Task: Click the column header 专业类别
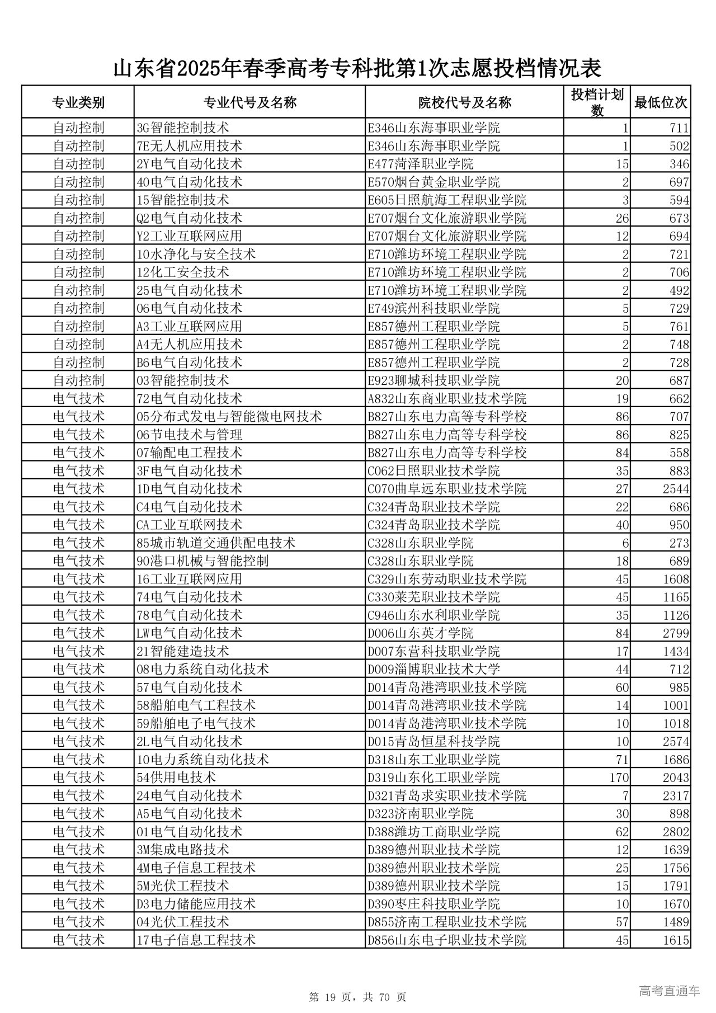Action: pyautogui.click(x=78, y=102)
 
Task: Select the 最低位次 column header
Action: pyautogui.click(x=661, y=102)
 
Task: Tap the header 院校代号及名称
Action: pyautogui.click(x=464, y=102)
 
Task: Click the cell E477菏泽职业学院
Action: pyautogui.click(x=420, y=164)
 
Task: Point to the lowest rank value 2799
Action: pyautogui.click(x=676, y=633)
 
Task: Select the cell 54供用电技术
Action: pyautogui.click(x=176, y=778)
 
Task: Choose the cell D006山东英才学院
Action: pyautogui.click(x=420, y=633)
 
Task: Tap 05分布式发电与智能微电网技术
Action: pyautogui.click(x=229, y=417)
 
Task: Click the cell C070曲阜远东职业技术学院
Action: pyautogui.click(x=447, y=489)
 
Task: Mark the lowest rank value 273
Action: pyautogui.click(x=679, y=543)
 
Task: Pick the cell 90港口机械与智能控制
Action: pyautogui.click(x=202, y=561)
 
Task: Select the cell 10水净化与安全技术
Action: pyautogui.click(x=196, y=254)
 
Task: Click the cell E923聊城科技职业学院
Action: pyautogui.click(x=434, y=380)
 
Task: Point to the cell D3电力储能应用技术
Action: pyautogui.click(x=196, y=904)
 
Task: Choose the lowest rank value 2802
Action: pyautogui.click(x=676, y=832)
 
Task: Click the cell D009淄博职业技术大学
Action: pyautogui.click(x=434, y=669)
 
